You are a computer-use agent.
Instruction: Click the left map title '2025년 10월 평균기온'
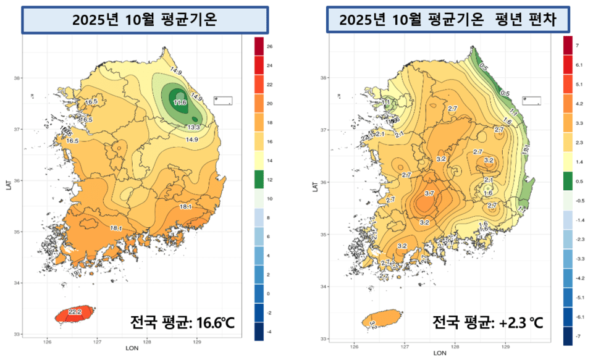coord(145,19)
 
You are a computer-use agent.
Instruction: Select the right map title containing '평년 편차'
coord(448,20)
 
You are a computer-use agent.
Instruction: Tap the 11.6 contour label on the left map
coord(180,101)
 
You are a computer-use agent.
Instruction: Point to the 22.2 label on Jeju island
coord(75,312)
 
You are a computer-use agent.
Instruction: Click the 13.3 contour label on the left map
coord(193,127)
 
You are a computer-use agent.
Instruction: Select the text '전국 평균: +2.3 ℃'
coord(487,322)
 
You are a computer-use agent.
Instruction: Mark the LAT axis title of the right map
coord(315,185)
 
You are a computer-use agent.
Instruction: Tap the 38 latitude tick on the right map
coord(323,78)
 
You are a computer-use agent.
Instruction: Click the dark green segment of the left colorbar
coord(260,180)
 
